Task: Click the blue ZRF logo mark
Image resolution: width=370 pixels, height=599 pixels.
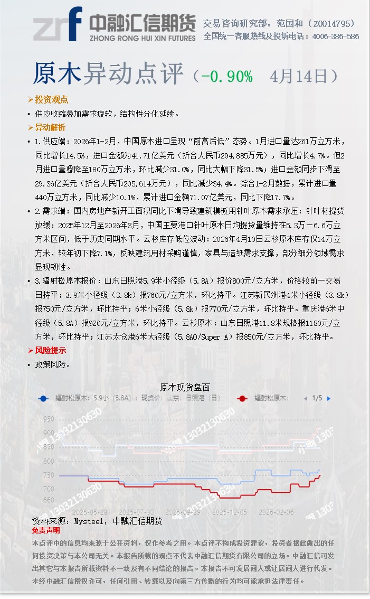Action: pos(58,24)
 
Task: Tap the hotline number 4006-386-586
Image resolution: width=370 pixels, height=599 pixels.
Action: pos(335,36)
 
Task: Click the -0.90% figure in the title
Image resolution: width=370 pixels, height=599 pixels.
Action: pos(226,76)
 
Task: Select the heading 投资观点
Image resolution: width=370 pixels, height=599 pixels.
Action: pos(51,100)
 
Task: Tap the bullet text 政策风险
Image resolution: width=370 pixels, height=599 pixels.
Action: pos(52,364)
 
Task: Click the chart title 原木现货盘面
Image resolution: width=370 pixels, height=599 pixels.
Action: pos(185,387)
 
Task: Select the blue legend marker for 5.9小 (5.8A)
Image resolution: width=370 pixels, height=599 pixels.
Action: pos(43,399)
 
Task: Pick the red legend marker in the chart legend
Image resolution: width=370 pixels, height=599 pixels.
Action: pos(242,399)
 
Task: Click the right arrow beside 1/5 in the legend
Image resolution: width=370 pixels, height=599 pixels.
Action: pos(329,398)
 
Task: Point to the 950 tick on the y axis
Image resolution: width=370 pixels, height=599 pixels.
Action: pos(49,419)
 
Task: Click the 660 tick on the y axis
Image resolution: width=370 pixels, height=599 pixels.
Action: pos(49,500)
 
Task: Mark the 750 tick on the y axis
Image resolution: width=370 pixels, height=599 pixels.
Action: pos(49,475)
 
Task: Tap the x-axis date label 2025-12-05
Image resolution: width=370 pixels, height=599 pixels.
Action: pos(229,512)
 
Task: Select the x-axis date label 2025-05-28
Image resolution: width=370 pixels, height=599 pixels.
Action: pos(89,512)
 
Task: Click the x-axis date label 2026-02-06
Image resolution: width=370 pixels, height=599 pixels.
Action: pos(276,512)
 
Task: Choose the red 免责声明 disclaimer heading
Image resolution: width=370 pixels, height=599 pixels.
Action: pos(46,530)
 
